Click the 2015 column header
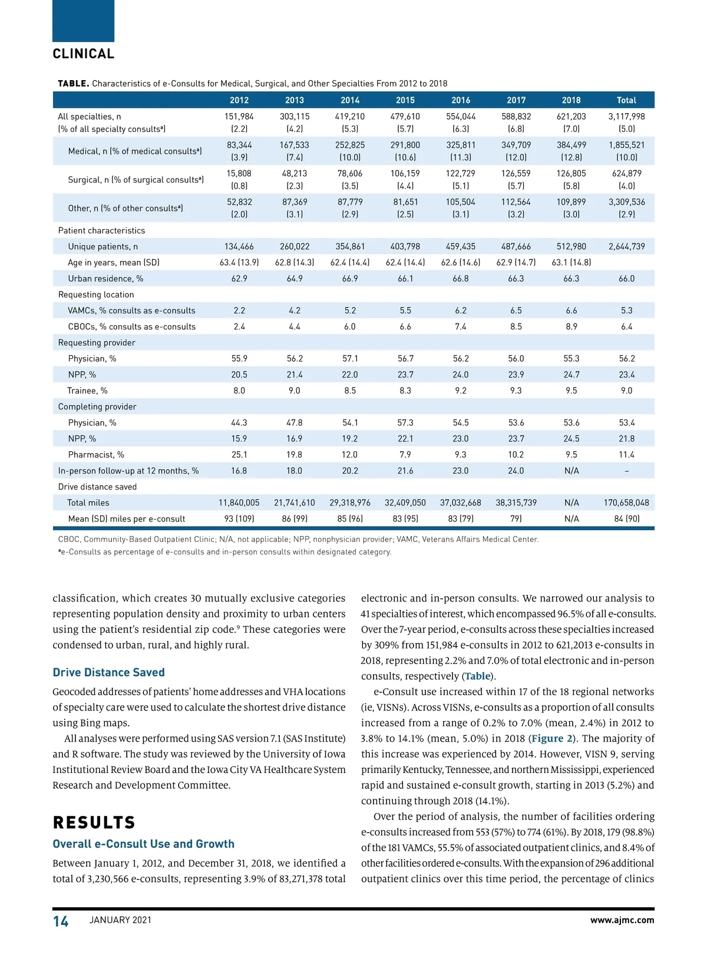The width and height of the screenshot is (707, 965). tap(405, 100)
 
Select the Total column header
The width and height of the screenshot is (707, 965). tap(626, 100)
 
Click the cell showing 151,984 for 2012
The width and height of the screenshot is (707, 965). tap(239, 117)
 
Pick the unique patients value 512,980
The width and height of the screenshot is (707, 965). tap(571, 247)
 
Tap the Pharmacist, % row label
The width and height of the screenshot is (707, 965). tap(96, 455)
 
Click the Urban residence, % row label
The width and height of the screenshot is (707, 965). tap(105, 279)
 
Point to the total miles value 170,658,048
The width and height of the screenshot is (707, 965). tap(626, 503)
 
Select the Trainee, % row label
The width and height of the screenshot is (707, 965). tap(87, 391)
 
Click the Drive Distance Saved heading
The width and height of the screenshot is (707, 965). tap(108, 672)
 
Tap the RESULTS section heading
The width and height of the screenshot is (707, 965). tap(94, 822)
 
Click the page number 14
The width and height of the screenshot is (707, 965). tap(61, 921)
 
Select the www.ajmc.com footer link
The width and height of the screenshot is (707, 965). tap(622, 920)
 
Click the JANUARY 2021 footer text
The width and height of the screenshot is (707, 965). tap(120, 920)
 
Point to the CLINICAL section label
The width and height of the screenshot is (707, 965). tap(84, 54)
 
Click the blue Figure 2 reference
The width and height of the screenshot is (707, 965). tap(552, 739)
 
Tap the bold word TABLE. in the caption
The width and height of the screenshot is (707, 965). tap(73, 84)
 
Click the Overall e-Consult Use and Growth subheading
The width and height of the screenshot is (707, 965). tap(143, 844)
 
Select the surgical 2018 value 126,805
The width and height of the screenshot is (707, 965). tap(571, 174)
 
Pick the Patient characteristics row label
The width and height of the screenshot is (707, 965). tap(101, 230)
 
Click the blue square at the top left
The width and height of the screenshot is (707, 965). tap(83, 21)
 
